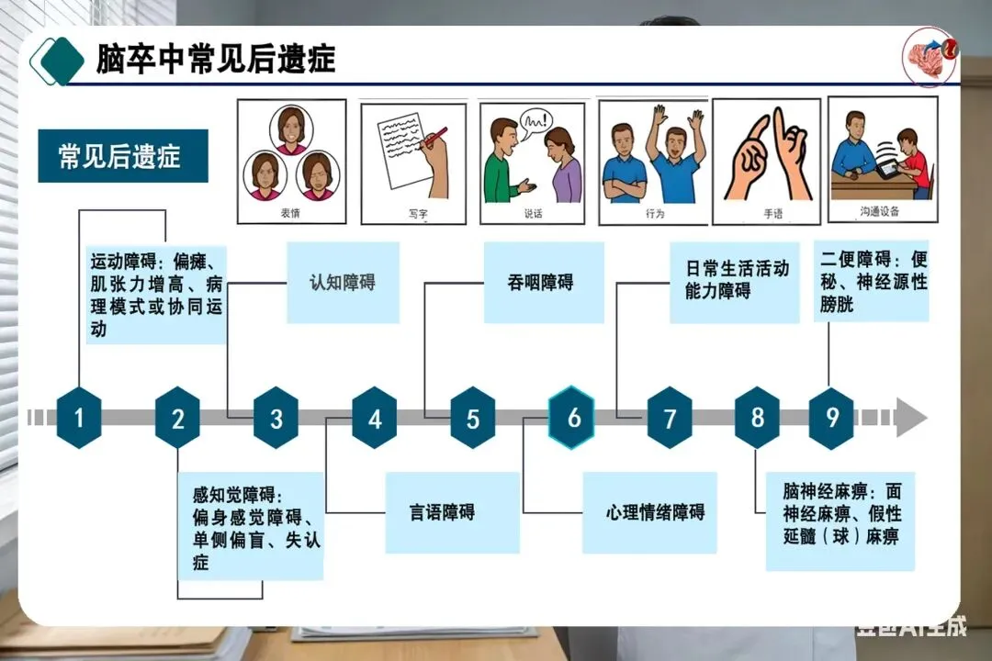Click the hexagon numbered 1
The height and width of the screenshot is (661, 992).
(79, 418)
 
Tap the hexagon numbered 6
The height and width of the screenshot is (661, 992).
(571, 418)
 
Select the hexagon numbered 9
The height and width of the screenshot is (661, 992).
(831, 418)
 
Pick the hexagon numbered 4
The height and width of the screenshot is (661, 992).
(374, 418)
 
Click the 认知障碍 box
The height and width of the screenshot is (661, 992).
(343, 283)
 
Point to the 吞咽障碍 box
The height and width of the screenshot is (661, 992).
(543, 283)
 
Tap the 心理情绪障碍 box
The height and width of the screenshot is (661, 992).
(649, 512)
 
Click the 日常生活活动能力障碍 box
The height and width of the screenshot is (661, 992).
(734, 282)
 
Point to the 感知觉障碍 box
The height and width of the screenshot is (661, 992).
(251, 526)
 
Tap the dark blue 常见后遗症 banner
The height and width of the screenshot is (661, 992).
(122, 156)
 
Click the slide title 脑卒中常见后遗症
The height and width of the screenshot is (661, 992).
(216, 59)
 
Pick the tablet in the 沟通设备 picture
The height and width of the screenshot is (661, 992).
(887, 169)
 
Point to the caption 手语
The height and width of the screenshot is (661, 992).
(772, 214)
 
